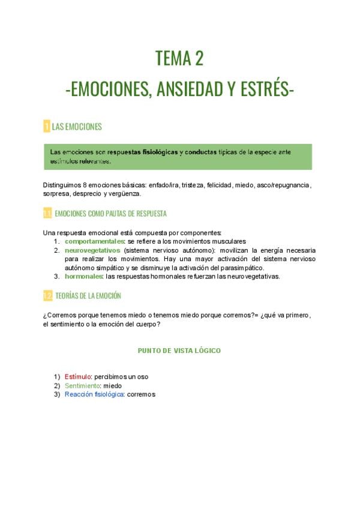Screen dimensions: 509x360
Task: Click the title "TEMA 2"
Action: [x=179, y=59]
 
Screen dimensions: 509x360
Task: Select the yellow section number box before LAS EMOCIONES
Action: [x=46, y=127]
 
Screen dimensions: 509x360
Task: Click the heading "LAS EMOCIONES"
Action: [x=77, y=127]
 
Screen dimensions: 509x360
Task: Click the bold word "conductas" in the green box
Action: [x=201, y=152]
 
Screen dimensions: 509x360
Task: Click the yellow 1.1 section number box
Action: [x=47, y=214]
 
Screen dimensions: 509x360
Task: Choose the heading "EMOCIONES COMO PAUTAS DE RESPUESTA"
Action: [x=110, y=214]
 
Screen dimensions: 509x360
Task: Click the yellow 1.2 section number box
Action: [x=47, y=296]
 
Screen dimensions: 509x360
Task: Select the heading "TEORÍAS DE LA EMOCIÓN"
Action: [x=88, y=296]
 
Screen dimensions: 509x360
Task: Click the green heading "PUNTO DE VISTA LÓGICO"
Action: [x=179, y=350]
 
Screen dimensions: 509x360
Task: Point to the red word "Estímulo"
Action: [x=78, y=376]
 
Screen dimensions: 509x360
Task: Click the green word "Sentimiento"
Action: [x=82, y=385]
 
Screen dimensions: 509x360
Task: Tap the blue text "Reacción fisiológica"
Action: [x=95, y=394]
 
